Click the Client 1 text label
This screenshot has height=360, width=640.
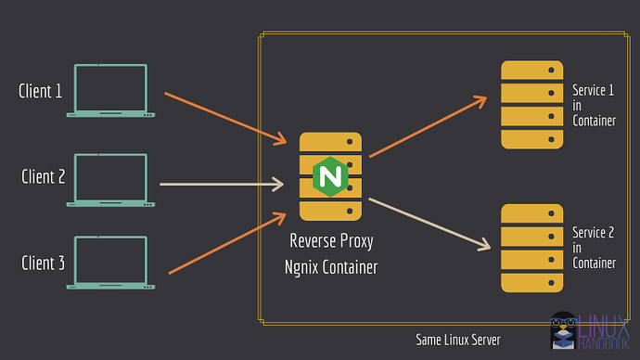pos(41,91)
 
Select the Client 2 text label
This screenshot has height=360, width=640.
pos(43,175)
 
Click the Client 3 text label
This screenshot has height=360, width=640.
pos(43,264)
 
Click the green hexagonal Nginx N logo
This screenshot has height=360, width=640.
pos(328,174)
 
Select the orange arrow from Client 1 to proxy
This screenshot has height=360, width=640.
pos(225,118)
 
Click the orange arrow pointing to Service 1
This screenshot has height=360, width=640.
pos(429,126)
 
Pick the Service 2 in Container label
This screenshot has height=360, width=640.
pos(594,248)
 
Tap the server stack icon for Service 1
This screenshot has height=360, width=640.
pos(532,104)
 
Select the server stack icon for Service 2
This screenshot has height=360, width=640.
pos(532,249)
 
